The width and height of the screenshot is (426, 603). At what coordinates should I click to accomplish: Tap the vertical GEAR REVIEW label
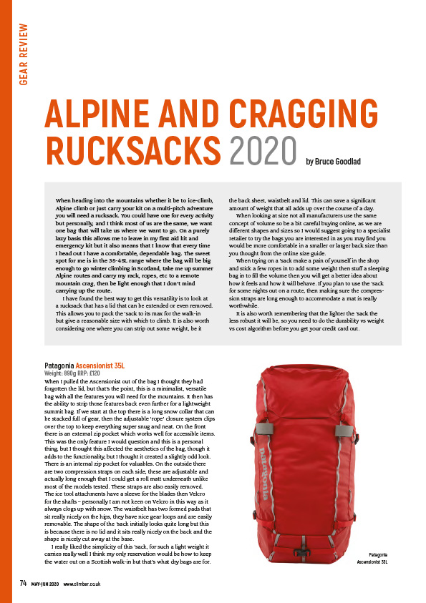24,54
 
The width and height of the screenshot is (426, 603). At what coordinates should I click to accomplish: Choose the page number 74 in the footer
22,584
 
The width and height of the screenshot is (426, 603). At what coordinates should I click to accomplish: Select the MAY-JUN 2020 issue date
45,584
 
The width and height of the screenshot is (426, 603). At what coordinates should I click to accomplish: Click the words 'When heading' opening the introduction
74,202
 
